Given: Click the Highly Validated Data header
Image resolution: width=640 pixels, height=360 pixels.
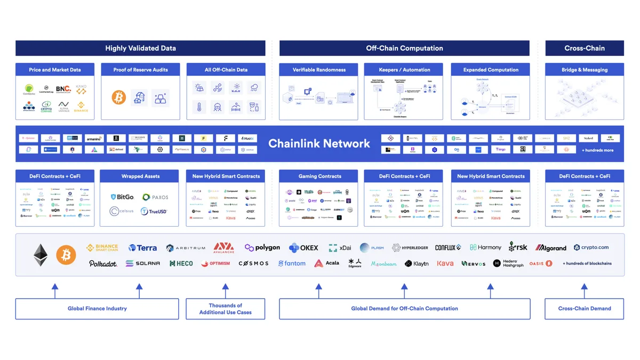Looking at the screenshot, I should (140, 48).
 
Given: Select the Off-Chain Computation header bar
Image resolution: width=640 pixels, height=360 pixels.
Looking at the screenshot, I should (404, 48).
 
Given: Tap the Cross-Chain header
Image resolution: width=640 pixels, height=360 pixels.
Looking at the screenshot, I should (585, 48).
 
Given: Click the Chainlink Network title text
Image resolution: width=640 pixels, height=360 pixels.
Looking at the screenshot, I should (319, 143).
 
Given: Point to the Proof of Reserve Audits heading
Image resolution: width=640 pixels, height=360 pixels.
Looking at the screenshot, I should (140, 70).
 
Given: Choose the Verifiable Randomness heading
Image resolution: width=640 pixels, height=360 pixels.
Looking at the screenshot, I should (319, 70).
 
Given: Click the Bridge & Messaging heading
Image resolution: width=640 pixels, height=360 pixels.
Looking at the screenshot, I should (585, 70).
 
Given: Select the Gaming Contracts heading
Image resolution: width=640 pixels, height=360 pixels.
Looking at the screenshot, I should (319, 176).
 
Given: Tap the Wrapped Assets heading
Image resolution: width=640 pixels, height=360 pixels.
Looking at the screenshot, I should (140, 176).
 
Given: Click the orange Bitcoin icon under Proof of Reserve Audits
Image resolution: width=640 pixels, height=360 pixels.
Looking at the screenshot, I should (118, 97).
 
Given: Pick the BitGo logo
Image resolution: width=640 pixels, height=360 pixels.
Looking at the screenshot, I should (122, 197).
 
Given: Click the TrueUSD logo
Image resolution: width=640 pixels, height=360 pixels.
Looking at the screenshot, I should (154, 211).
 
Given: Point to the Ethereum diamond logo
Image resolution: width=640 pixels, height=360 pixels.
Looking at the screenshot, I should (41, 255).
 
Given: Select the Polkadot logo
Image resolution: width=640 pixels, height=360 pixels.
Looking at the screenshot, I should (103, 263).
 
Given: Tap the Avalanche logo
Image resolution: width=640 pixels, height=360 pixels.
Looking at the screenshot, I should (224, 247).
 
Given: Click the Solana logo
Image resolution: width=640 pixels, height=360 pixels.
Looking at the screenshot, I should (143, 263).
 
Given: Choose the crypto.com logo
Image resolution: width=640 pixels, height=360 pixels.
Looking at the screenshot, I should (591, 247).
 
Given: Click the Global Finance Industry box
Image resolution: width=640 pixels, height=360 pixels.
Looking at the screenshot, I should (97, 309).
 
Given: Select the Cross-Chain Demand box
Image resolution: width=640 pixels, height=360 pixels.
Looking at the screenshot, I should (585, 309).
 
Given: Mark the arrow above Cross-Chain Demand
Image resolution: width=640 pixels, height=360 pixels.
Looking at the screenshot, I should (585, 291).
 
